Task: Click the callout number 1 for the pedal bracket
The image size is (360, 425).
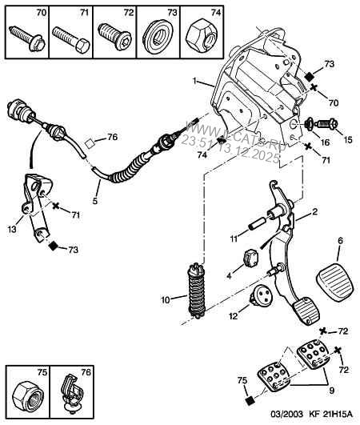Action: pos(194,82)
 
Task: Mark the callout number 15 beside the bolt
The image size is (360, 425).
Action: pos(346,140)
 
